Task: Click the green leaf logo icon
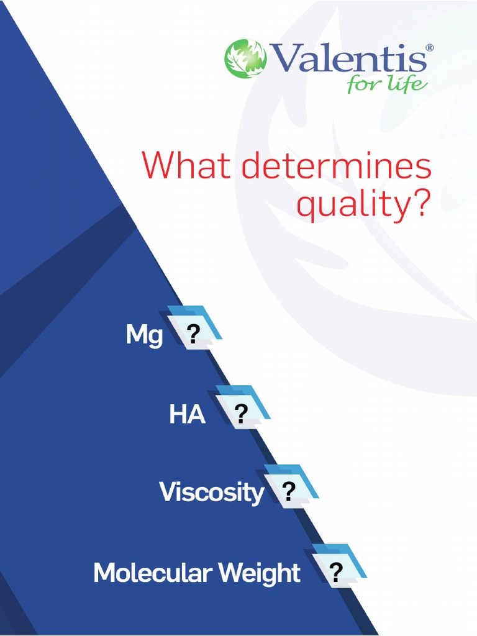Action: pos(245,59)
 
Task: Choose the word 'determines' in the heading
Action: pos(336,166)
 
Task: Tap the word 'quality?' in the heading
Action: pos(363,204)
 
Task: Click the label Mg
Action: pos(144,336)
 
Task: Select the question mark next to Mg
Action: pos(193,334)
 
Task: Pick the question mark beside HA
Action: pos(241,412)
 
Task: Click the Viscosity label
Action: pos(211,493)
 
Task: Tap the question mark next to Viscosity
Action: pos(288,491)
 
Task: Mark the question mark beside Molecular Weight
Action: pos(336,571)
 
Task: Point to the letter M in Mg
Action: pos(136,335)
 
